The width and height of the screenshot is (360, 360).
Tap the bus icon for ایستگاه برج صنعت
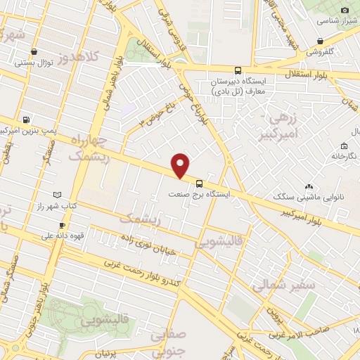point(200,179)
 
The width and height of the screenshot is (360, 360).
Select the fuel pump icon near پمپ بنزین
point(27,120)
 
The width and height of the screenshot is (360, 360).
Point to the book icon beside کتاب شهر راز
point(57,194)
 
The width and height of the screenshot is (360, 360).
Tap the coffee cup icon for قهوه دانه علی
point(62,226)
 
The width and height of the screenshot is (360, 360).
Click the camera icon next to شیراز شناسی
point(345,10)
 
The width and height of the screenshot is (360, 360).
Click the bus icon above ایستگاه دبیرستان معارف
point(238,70)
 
